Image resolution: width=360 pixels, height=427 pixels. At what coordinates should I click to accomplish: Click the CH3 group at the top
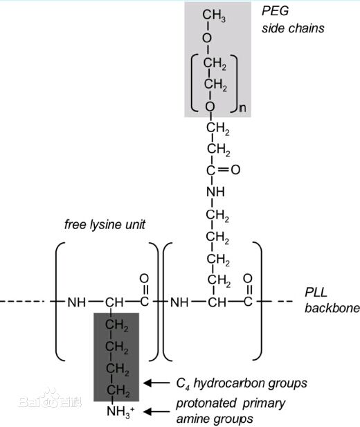[214, 15]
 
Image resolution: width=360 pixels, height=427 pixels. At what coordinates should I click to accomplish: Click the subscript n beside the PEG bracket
[242, 108]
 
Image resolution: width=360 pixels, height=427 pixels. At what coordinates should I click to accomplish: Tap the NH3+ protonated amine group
[120, 412]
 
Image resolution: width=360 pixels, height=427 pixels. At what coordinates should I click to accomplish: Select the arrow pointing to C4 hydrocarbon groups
[156, 383]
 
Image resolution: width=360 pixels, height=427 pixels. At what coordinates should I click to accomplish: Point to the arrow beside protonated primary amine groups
[156, 411]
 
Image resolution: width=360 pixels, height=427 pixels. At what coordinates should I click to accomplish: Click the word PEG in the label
[275, 11]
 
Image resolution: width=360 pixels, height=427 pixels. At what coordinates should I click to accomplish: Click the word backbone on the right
[332, 308]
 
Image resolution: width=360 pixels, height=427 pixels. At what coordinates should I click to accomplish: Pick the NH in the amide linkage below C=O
[215, 192]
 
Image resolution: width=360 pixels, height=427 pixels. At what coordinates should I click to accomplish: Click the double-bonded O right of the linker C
[235, 170]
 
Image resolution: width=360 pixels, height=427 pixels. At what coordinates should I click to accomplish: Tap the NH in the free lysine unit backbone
[77, 302]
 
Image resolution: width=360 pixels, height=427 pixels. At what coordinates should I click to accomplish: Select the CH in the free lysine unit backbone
[114, 302]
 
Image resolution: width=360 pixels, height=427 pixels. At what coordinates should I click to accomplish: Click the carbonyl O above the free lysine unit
[144, 279]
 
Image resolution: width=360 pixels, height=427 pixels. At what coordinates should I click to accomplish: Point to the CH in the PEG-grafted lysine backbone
[217, 302]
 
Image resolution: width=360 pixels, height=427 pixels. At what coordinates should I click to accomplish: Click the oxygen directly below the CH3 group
[207, 38]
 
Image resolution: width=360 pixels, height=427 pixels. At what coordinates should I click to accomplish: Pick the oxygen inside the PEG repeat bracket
[210, 106]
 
